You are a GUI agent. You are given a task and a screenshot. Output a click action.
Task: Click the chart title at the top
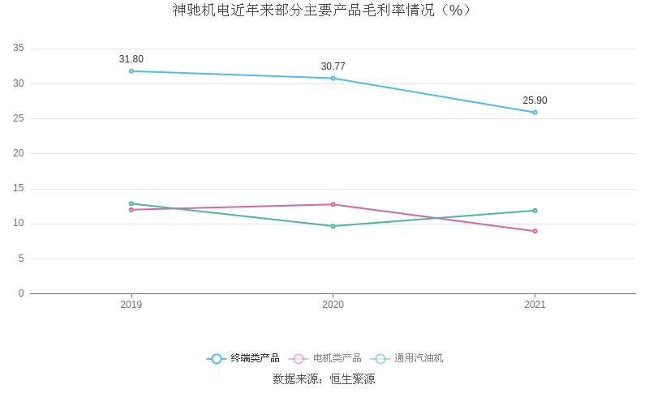click(x=324, y=11)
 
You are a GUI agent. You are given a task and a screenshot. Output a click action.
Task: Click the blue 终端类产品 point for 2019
click(x=131, y=71)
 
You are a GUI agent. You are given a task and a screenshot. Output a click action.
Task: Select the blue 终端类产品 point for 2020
click(x=333, y=78)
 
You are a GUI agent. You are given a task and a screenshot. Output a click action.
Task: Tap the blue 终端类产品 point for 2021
click(x=535, y=112)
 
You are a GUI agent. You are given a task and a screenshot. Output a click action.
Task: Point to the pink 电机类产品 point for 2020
click(x=333, y=204)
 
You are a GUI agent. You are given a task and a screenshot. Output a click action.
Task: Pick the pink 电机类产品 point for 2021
click(x=535, y=231)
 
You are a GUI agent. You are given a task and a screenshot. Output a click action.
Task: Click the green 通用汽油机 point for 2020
click(x=333, y=226)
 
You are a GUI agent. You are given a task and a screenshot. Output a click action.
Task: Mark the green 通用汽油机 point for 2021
click(x=535, y=211)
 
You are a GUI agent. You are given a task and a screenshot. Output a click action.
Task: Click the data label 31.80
click(x=131, y=59)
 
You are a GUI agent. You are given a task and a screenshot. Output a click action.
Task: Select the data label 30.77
click(x=333, y=66)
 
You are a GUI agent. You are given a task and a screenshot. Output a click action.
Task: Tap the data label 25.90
click(x=535, y=100)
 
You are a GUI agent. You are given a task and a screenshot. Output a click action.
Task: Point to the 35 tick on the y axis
click(x=19, y=49)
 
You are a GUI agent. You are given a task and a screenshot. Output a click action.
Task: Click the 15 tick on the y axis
click(x=19, y=189)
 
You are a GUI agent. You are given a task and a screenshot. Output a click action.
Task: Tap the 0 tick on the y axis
click(x=21, y=293)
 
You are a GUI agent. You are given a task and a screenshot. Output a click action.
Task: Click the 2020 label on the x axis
click(x=333, y=305)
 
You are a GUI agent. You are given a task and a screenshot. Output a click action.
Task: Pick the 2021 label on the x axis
click(x=535, y=305)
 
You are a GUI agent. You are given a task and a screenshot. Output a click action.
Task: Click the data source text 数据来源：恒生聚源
click(x=324, y=378)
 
